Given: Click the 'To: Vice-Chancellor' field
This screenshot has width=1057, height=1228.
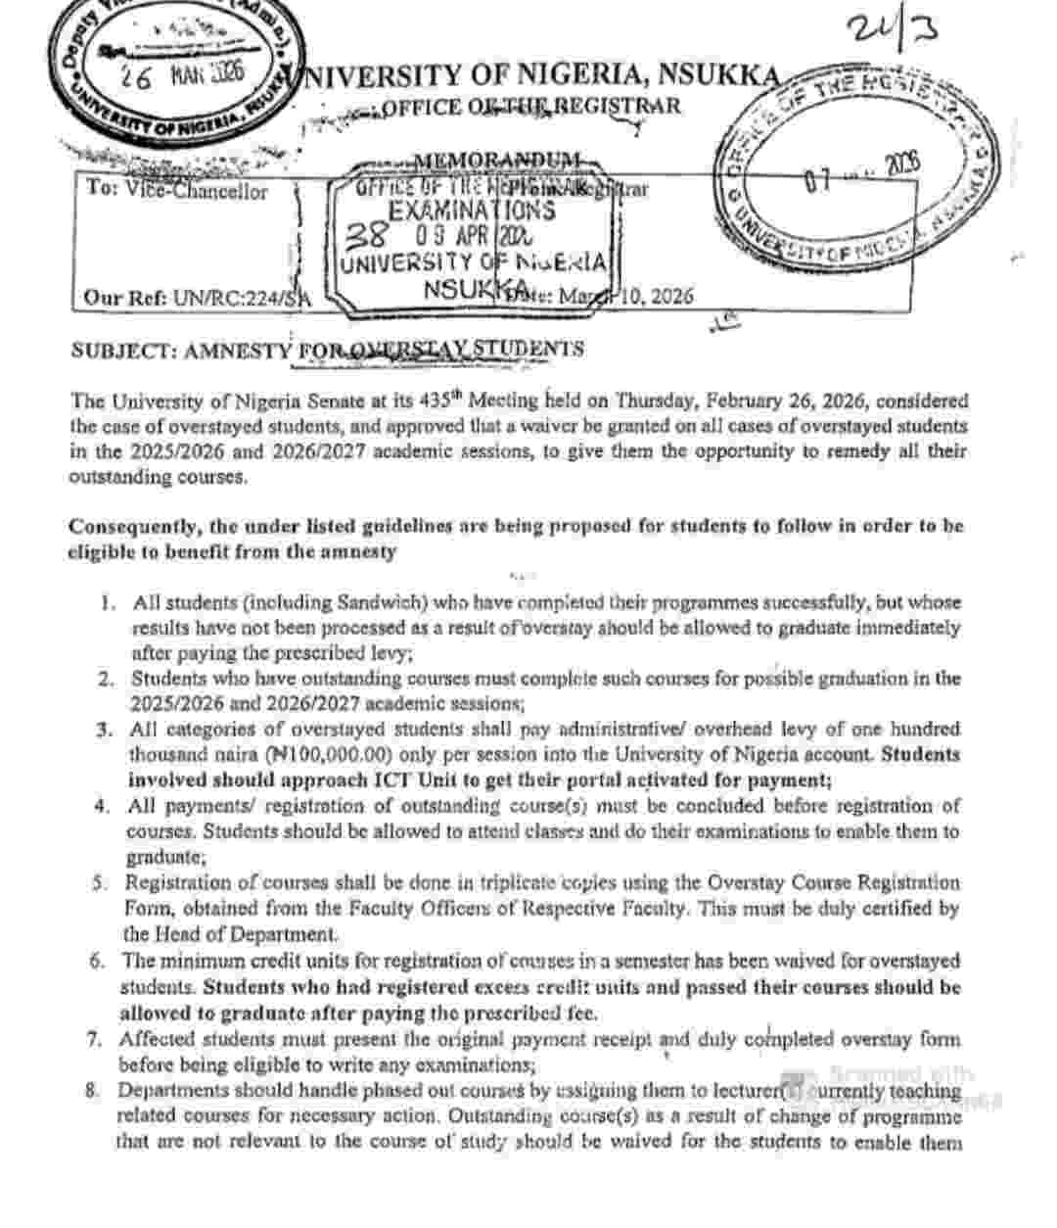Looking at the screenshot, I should (x=176, y=190).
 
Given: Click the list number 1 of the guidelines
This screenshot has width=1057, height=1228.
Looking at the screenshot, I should (x=109, y=602).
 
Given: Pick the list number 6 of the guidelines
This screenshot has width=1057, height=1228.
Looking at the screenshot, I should (x=97, y=961).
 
